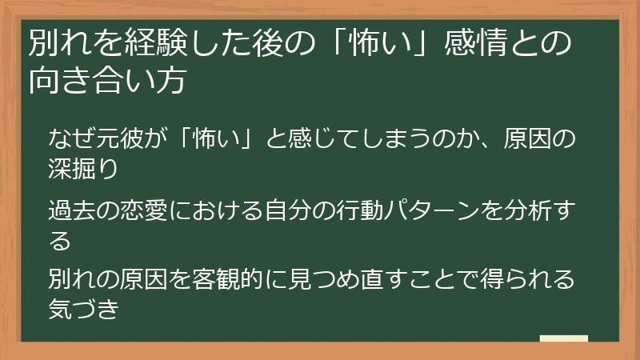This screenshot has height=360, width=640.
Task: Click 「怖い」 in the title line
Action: (x=372, y=44)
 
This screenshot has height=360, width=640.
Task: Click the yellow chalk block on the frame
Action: (x=563, y=340)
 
